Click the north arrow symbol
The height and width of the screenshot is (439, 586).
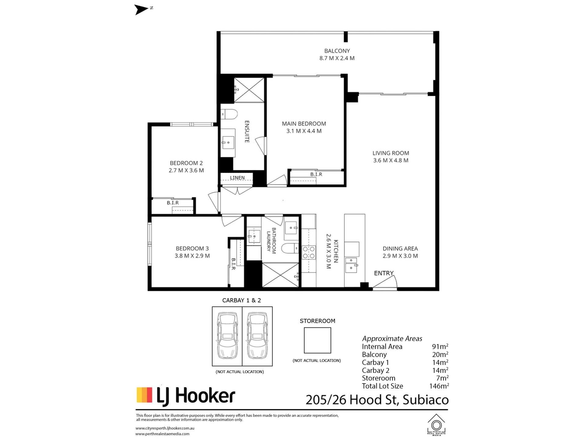(x=141, y=9)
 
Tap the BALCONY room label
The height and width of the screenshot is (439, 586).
(x=337, y=51)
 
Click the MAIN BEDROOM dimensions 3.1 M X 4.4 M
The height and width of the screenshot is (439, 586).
(x=304, y=131)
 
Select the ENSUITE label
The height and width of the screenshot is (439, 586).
(x=247, y=132)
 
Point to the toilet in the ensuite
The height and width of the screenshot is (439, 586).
(x=229, y=114)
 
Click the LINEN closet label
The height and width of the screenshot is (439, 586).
(x=237, y=178)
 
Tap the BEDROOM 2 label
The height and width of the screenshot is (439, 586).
(x=186, y=163)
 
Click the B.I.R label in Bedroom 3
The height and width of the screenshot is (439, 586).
(x=233, y=264)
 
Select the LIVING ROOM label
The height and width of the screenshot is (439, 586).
(x=391, y=153)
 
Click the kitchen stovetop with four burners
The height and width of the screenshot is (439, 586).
(x=309, y=252)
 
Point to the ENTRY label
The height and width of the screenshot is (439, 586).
(x=384, y=273)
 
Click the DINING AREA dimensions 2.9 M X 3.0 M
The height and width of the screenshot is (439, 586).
(x=400, y=256)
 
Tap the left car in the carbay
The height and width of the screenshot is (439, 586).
(x=227, y=336)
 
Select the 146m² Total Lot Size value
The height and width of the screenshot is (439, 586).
(x=439, y=386)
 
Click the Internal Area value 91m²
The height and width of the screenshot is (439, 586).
(x=440, y=347)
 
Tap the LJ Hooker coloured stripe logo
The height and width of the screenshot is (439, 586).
(x=144, y=395)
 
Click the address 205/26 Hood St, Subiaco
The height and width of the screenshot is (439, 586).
(x=377, y=400)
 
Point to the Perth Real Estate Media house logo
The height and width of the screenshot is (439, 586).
(x=436, y=425)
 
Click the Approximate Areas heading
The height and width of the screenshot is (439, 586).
(x=392, y=339)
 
